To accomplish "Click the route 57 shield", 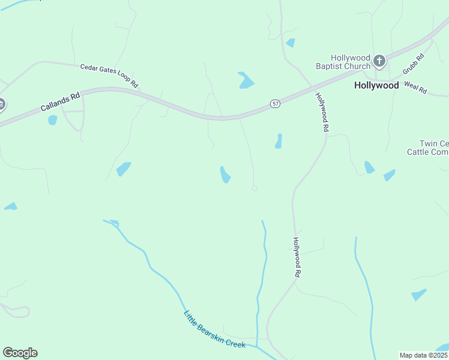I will (x=275, y=104).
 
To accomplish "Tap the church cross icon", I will (x=379, y=61).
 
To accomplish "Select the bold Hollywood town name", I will (x=376, y=85).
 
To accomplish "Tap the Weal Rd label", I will (x=415, y=88).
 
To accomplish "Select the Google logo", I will (x=20, y=352).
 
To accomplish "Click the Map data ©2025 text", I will (x=423, y=355).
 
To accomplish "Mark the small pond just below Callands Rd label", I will (x=52, y=120).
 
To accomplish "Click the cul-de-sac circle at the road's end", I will (x=255, y=188).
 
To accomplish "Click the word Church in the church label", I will (x=358, y=66).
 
